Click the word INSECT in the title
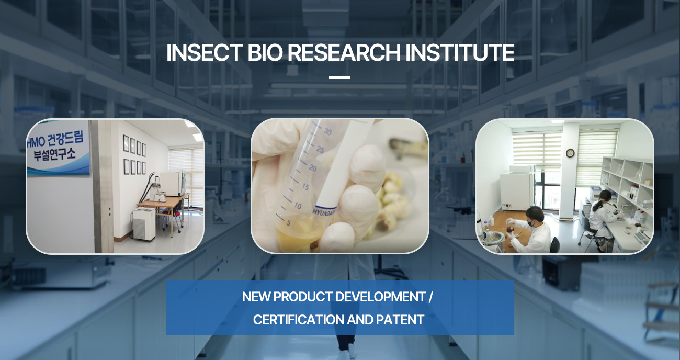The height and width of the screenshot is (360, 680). pos(205,52)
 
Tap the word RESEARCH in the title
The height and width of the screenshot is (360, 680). pos(344,52)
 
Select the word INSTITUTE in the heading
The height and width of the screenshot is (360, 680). pos(460,52)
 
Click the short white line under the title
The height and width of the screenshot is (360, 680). pos(339,78)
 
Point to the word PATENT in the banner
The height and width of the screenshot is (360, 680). pos(400,320)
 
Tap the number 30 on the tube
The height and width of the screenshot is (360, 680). pos(327,131)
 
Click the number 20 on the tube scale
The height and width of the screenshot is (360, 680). pos(313,167)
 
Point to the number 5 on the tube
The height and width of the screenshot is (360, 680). pos(288,223)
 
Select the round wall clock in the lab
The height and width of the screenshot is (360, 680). pos(570,153)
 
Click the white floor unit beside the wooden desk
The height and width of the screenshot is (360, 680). pos(144,224)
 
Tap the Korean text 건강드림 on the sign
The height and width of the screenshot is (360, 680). pos(65,139)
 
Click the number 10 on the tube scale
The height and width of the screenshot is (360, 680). pos(298,206)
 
